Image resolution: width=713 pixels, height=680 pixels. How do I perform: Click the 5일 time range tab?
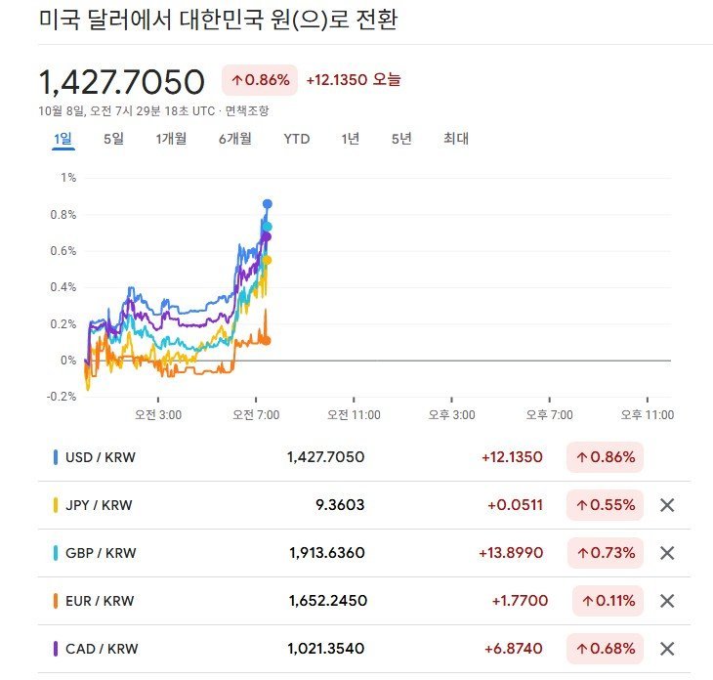113,139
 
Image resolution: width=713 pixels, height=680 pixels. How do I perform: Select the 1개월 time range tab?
171,139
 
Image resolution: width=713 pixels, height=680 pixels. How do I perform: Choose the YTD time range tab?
297,139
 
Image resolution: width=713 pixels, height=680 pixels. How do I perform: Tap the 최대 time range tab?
456,139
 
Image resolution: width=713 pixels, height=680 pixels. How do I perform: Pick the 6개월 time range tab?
235,139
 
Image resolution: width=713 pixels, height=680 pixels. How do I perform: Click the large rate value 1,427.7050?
121,81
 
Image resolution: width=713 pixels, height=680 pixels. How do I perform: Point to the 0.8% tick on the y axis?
67,214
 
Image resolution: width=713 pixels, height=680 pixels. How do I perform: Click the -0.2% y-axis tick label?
63,397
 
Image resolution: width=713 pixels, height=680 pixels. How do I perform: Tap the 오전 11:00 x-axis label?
353,415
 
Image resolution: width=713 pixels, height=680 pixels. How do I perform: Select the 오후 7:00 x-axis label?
550,415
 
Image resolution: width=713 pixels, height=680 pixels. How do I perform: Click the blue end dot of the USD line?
268,203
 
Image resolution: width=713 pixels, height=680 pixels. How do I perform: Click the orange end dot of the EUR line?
267,340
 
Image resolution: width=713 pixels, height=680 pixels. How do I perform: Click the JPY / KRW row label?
99,505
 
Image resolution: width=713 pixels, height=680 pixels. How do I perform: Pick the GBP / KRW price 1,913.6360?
327,553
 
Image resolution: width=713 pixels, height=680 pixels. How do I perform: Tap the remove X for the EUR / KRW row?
667,601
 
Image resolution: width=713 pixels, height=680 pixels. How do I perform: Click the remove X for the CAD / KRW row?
667,649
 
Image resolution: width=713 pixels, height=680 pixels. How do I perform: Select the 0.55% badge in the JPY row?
606,505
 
